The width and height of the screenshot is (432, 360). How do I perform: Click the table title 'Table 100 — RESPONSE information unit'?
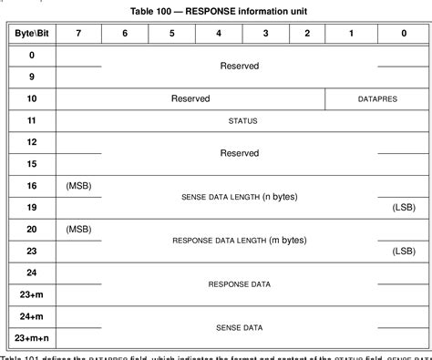click(216, 11)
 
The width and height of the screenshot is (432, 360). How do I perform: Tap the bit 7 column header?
click(78, 33)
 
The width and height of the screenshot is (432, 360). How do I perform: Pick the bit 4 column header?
click(218, 33)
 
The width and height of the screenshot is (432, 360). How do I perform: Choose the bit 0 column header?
click(403, 33)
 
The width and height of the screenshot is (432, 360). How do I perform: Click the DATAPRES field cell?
click(376, 98)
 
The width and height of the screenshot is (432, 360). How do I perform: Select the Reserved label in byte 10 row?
click(190, 98)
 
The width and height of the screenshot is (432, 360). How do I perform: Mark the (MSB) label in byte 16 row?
click(78, 186)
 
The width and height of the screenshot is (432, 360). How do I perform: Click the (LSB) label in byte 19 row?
click(403, 208)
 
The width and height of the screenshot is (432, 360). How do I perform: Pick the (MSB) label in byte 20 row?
click(78, 229)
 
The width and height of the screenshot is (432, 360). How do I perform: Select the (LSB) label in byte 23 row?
click(403, 251)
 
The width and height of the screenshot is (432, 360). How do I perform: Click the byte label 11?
click(32, 120)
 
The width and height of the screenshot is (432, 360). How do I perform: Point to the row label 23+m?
click(32, 294)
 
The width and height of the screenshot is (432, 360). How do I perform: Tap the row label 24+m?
click(32, 316)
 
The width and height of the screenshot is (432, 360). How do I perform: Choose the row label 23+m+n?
click(32, 338)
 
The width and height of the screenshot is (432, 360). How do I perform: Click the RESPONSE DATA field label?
click(240, 283)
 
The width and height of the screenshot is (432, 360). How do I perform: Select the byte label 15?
click(32, 164)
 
